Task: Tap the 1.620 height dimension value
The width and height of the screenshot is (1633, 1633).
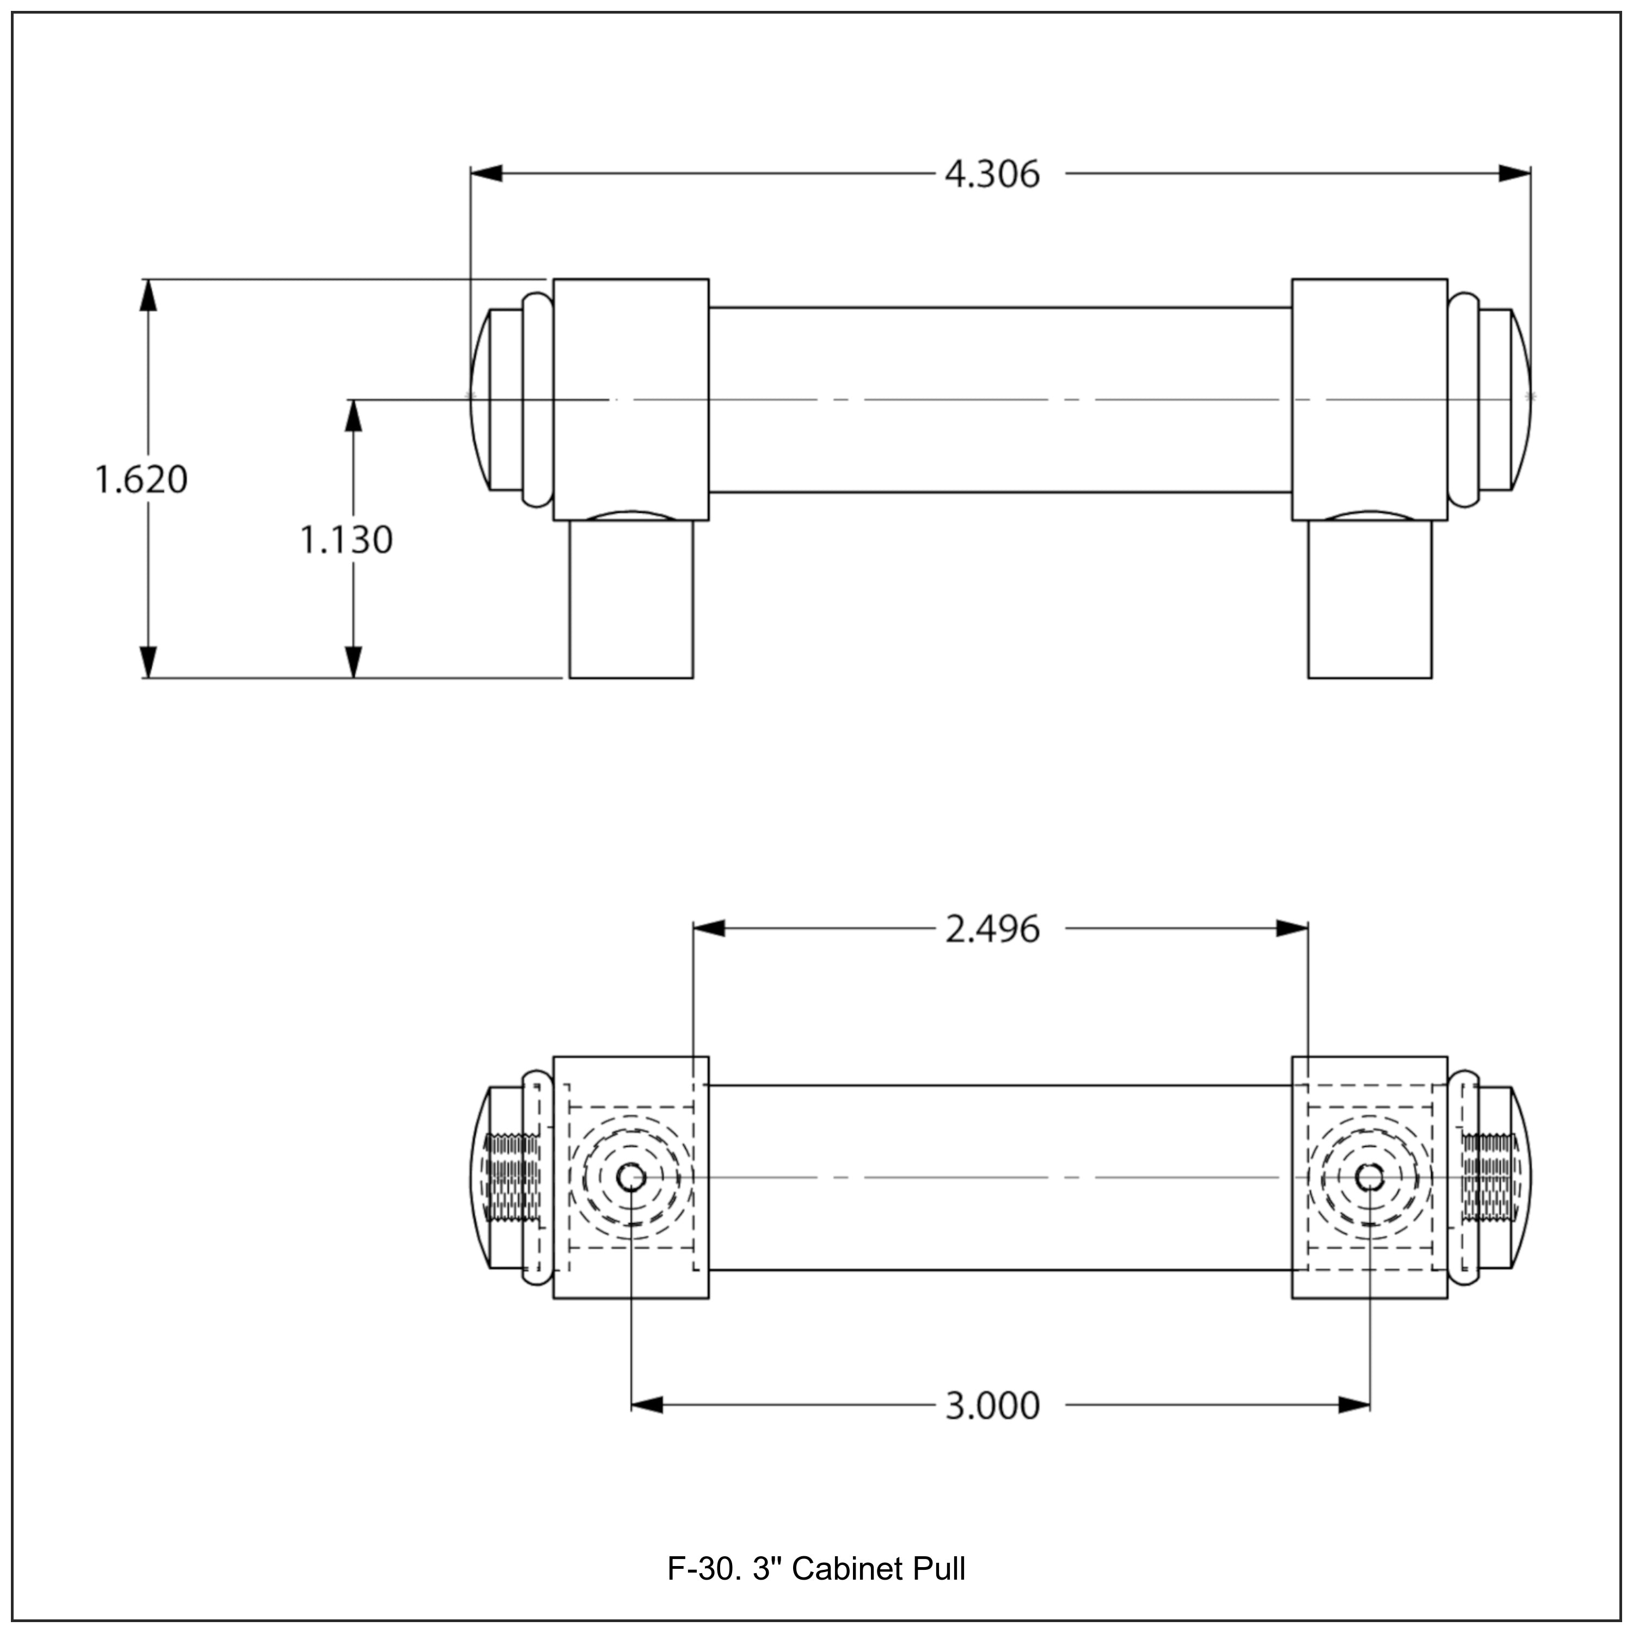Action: pyautogui.click(x=141, y=479)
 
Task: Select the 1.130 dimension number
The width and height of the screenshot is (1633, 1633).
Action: pyautogui.click(x=347, y=540)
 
